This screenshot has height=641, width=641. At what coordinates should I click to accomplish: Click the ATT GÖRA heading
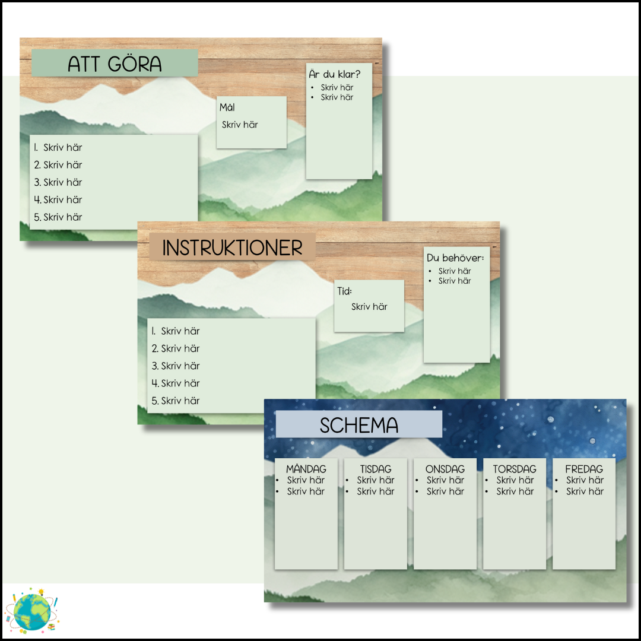point(115,64)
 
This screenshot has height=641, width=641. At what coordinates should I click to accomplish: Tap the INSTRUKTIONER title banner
point(232,248)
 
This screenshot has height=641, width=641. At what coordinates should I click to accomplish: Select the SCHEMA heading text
point(358,425)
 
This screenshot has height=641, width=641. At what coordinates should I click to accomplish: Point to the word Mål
point(227,107)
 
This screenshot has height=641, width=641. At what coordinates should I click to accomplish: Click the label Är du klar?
point(335,74)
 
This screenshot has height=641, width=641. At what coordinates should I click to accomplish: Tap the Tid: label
point(345,291)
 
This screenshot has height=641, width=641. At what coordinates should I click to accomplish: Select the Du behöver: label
point(455,258)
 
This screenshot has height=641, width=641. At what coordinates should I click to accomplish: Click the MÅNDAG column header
point(306,469)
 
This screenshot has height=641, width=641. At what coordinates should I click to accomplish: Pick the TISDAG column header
point(376,469)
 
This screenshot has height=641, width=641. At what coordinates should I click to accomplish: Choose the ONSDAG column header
point(445,469)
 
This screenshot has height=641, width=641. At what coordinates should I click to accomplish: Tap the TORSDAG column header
point(515,469)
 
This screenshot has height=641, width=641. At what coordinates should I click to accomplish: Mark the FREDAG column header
point(584,469)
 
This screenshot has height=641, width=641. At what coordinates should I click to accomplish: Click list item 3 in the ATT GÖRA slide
point(58,182)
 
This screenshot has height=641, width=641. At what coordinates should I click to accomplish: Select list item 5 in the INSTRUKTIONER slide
point(176,401)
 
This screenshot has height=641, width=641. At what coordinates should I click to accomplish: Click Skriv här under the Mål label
point(240,125)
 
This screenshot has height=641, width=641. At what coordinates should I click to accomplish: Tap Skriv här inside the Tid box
point(369,307)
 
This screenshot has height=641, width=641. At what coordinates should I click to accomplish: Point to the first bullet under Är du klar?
point(337,87)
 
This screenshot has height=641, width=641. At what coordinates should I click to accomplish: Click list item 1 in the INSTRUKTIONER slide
point(176,331)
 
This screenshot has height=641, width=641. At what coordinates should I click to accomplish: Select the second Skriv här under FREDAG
point(585,491)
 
